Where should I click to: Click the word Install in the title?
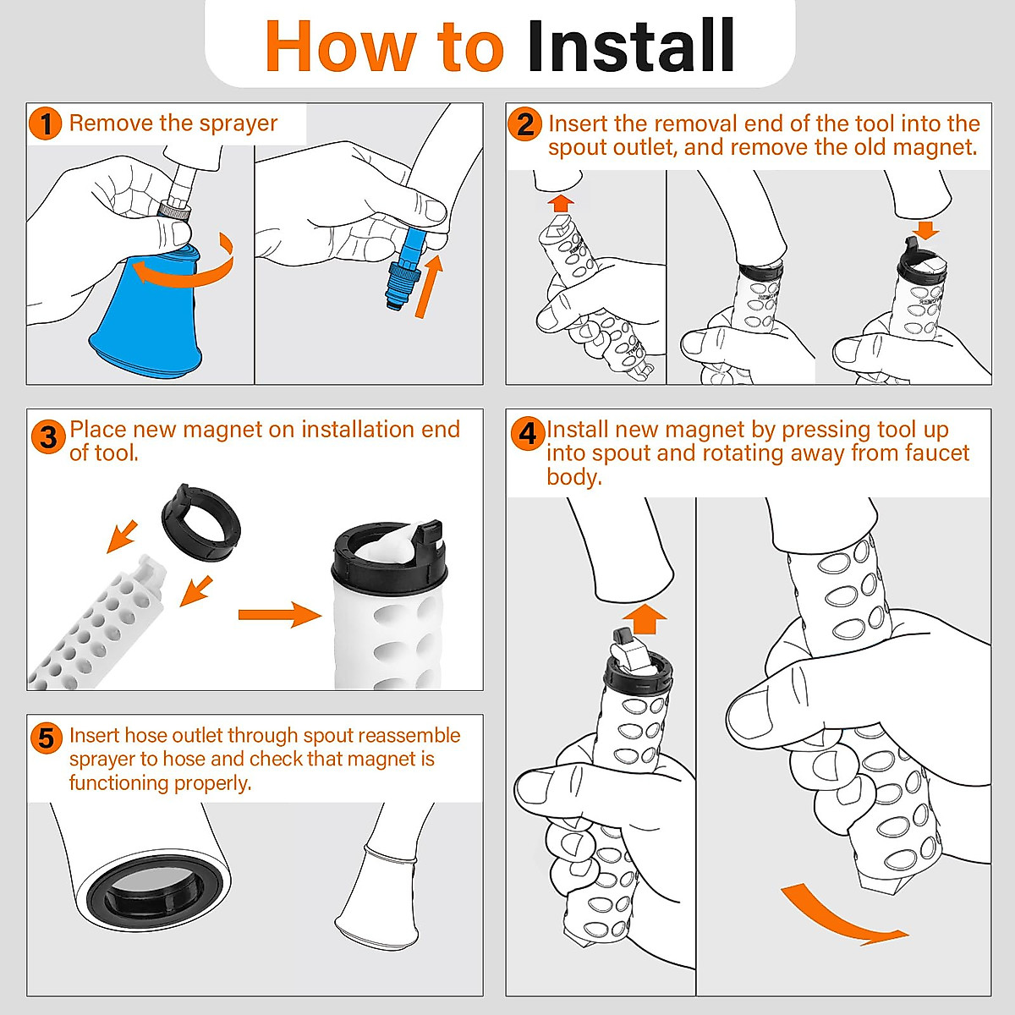coord(631,46)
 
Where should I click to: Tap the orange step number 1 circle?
coord(46,124)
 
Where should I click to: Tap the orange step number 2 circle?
coord(524,125)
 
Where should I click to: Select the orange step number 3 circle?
coord(48,437)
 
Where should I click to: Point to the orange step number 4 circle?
coord(528,434)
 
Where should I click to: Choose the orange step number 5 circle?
coord(47,738)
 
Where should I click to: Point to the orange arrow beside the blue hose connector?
coord(430,286)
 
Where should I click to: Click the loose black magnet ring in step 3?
coord(200,523)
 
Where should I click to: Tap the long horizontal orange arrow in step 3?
coord(280,615)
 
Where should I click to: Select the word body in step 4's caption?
coord(574,478)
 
